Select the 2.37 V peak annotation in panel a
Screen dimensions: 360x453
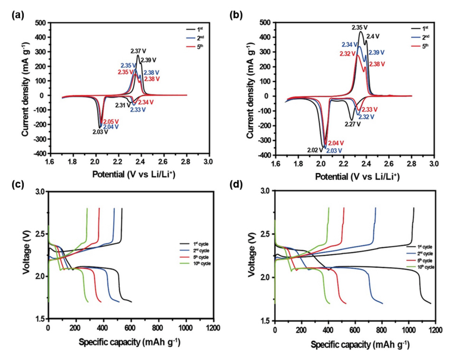(138, 50)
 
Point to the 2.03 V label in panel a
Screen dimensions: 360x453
(100, 132)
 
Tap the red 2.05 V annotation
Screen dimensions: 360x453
(111, 121)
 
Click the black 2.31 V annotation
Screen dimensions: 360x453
(123, 105)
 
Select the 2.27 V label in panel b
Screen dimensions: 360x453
(352, 124)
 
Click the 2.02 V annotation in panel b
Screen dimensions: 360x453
(314, 150)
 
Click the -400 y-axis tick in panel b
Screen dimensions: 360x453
(264, 155)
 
